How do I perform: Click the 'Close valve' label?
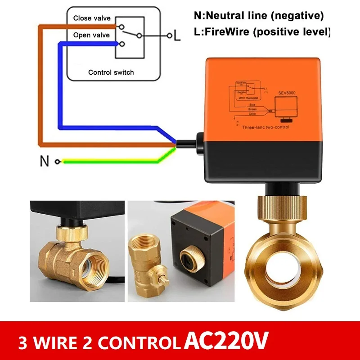88,19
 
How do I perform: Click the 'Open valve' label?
88,35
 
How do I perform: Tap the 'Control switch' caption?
111,72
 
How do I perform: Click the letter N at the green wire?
44,161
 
